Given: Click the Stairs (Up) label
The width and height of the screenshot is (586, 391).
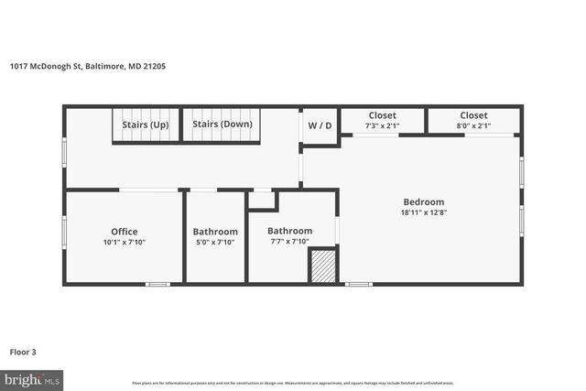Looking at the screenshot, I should (146, 125).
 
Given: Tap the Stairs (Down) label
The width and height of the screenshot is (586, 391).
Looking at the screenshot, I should (222, 125).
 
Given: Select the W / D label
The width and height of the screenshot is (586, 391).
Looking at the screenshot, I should (320, 125).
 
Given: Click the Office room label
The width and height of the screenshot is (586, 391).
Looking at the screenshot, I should (125, 232).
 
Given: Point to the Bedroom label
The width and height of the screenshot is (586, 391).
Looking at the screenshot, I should (424, 202).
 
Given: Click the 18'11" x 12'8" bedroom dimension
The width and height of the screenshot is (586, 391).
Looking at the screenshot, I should (424, 212).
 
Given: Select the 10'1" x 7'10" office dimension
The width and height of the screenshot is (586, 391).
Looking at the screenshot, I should (125, 242).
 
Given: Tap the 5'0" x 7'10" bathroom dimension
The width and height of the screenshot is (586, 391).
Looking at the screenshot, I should (215, 242).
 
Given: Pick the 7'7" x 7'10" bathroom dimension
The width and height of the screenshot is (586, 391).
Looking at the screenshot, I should (289, 241).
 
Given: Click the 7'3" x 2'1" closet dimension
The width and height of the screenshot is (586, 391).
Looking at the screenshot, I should (382, 126).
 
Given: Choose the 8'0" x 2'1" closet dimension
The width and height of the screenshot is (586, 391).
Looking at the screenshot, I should (473, 126).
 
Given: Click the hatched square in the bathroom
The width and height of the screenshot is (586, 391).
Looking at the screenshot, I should (322, 266).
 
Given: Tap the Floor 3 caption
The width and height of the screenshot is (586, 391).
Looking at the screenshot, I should (24, 351).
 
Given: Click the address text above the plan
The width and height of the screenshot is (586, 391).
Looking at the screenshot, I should (87, 66).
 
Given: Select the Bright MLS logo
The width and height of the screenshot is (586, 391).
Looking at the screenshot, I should (32, 378).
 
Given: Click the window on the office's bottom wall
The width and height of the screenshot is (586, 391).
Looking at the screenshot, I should (157, 284).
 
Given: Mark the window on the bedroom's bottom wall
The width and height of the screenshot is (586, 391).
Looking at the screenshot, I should (358, 284).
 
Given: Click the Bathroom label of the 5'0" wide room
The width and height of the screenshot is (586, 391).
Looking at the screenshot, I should (215, 232).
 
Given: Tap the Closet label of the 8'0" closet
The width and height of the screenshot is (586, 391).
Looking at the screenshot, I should (473, 115).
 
